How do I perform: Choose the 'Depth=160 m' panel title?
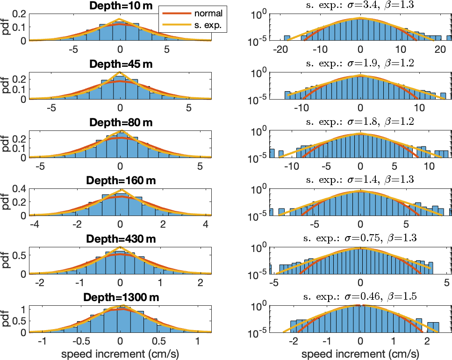click(x=121, y=181)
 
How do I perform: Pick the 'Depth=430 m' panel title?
click(x=121, y=239)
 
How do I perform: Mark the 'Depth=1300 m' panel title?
click(x=121, y=298)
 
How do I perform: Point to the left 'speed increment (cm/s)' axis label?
click(x=121, y=353)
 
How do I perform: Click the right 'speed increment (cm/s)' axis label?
click(x=360, y=353)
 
